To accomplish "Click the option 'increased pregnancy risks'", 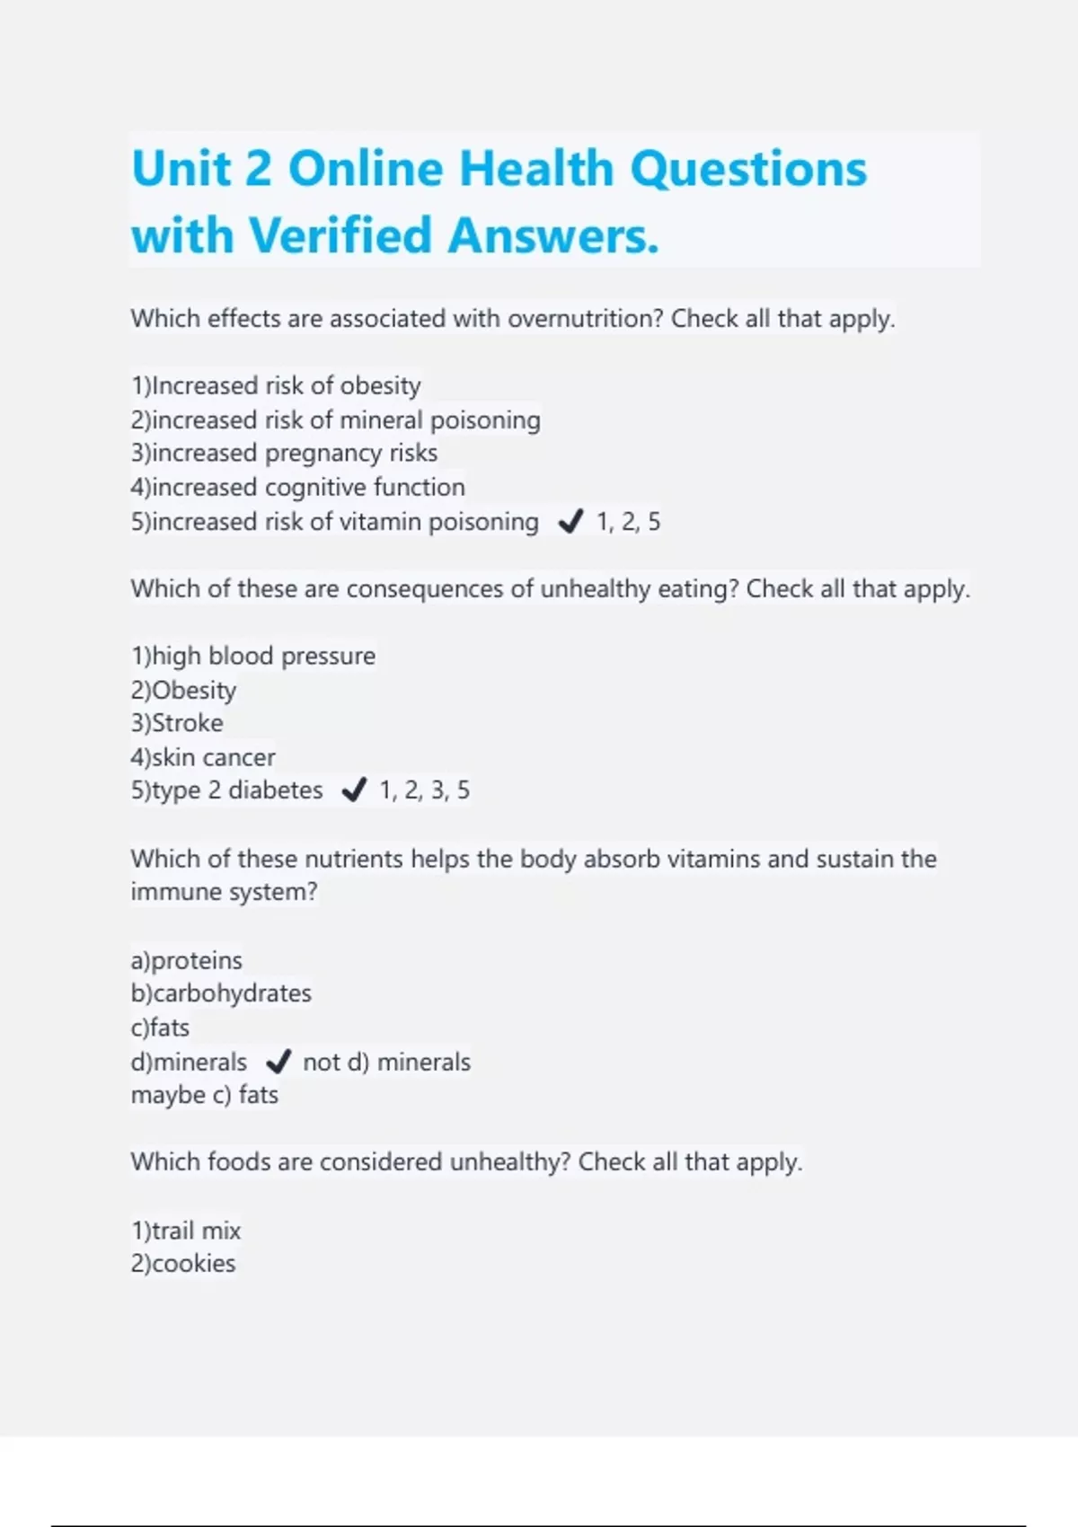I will coord(284,454).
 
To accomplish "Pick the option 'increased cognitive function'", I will coord(297,488).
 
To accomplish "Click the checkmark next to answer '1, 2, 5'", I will coord(570,522).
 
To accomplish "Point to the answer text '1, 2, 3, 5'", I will coord(424,790).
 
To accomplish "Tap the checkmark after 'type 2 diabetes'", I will coord(354,790).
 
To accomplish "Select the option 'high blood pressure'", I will coord(252,657).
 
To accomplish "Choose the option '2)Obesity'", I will coord(183,691).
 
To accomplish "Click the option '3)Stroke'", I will coord(177,724).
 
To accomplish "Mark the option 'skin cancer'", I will coord(203,758).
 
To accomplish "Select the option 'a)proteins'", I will coord(186,961).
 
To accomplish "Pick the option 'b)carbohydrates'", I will coord(221,994).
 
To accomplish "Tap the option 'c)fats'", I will coord(160,1028).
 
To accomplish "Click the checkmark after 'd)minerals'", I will coord(278,1063).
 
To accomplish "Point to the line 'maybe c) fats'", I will coord(204,1096).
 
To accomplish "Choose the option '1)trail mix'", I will coord(186,1231).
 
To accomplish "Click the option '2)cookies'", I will coord(183,1264).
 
